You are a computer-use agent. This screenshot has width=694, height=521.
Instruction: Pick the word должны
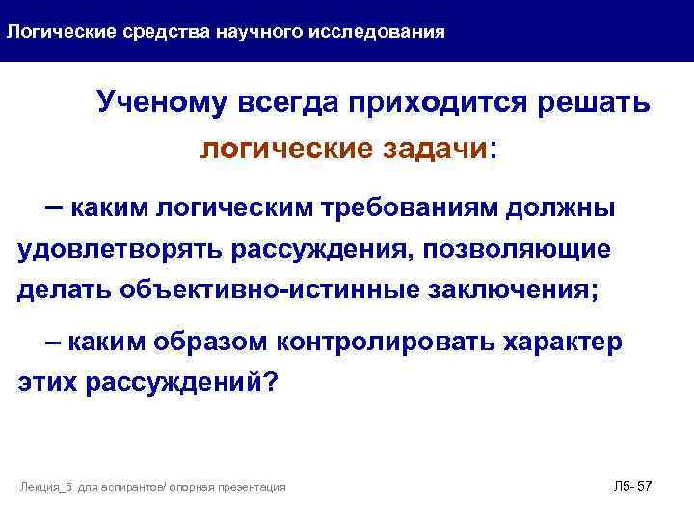[x=570, y=207]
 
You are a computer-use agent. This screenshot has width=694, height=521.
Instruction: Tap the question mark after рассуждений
[x=270, y=383]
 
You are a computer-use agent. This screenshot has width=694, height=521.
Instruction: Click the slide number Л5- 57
[x=633, y=486]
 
